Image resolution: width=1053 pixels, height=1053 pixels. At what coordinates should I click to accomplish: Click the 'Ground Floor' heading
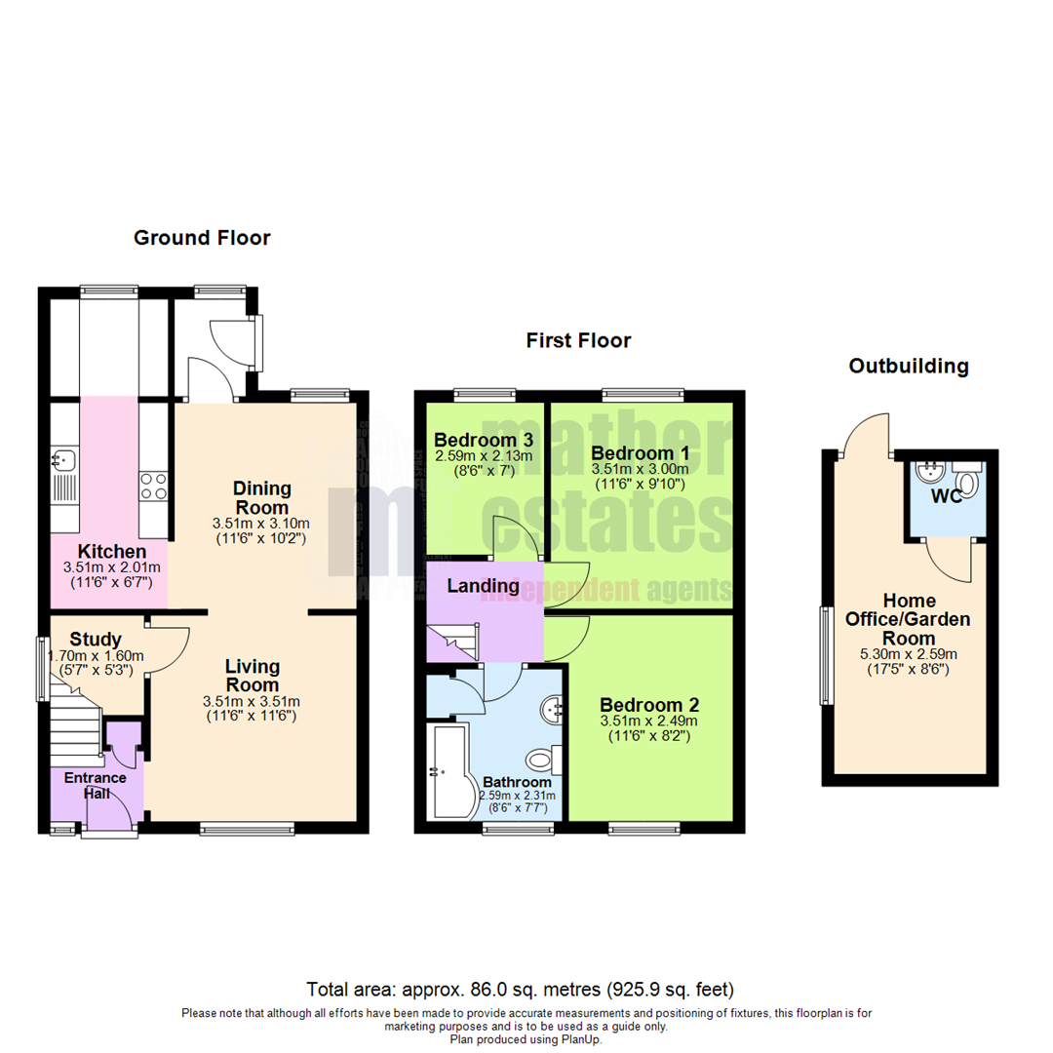click(202, 238)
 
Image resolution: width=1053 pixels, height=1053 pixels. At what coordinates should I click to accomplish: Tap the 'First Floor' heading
click(578, 340)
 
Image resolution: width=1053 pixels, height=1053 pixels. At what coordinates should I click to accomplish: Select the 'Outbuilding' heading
click(909, 367)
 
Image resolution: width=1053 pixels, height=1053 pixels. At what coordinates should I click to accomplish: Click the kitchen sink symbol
click(65, 458)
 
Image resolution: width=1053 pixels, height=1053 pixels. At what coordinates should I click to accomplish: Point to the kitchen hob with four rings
click(154, 486)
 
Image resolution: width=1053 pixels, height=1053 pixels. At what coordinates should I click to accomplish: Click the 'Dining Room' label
click(261, 496)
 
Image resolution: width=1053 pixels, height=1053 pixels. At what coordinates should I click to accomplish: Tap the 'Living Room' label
click(253, 676)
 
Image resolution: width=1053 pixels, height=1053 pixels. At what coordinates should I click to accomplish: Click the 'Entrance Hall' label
click(96, 785)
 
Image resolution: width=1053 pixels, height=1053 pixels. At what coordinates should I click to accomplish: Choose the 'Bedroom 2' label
click(649, 705)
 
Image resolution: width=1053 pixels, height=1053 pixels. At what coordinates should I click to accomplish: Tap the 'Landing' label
click(483, 586)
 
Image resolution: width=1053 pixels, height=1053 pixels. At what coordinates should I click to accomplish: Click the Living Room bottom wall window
click(248, 829)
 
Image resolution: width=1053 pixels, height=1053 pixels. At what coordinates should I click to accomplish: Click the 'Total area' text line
click(520, 988)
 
